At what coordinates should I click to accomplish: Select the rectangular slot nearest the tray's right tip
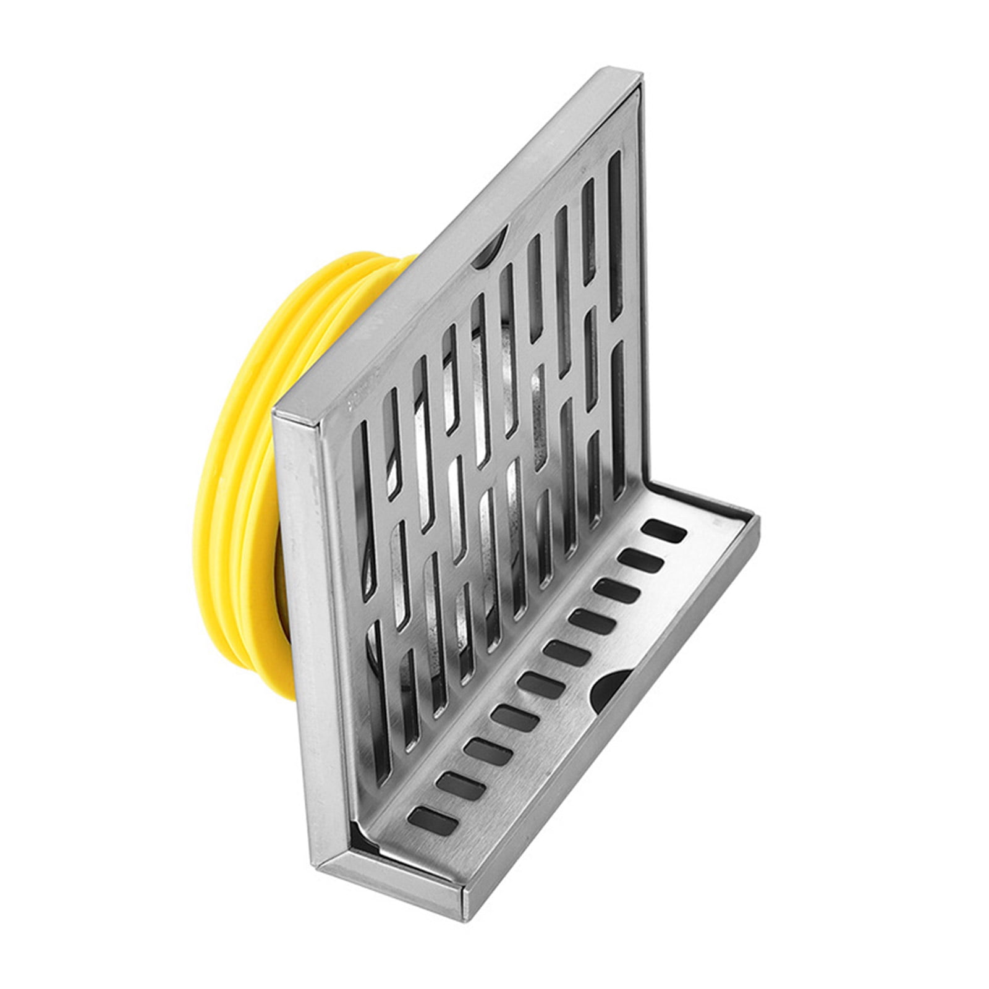(x=664, y=532)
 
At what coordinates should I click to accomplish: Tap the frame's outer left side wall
(x=303, y=618)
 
